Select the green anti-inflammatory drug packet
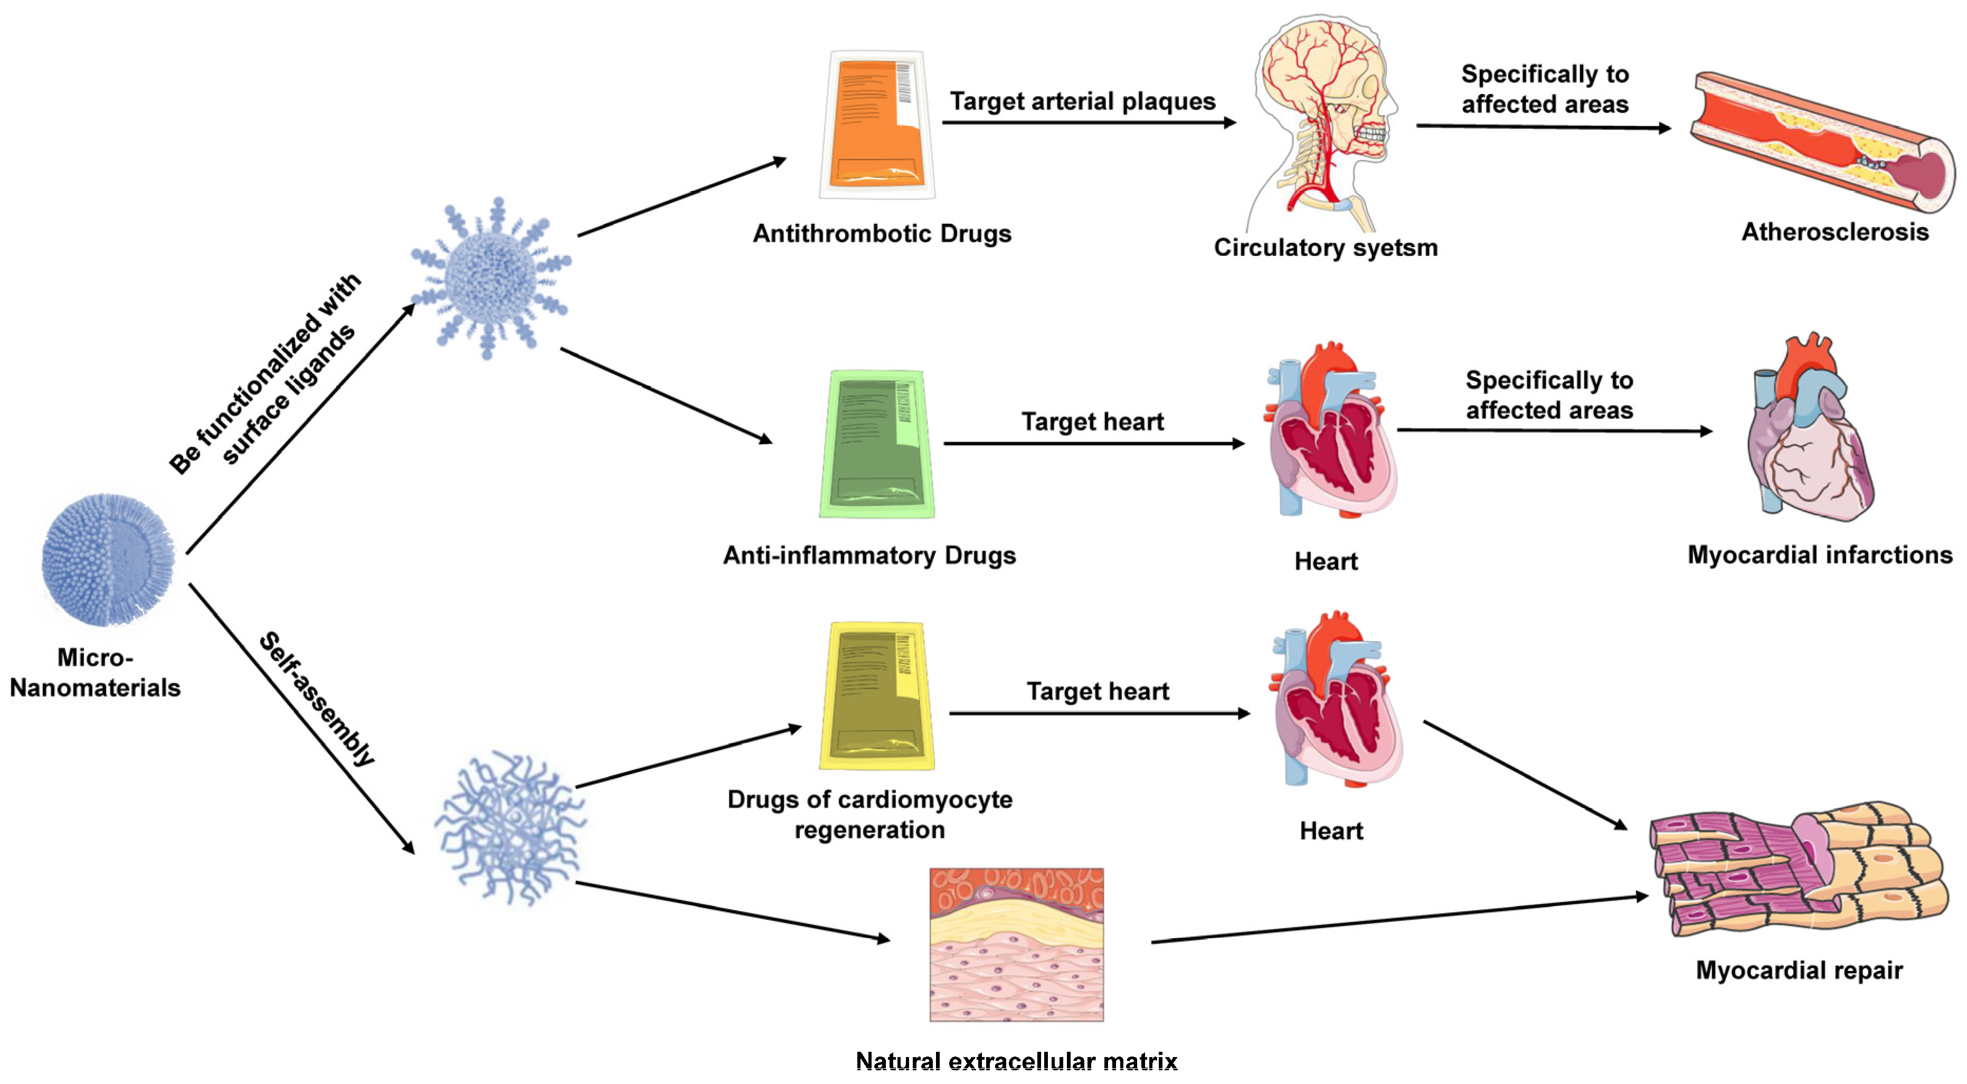click(x=876, y=444)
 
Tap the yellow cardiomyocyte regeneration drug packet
click(x=876, y=695)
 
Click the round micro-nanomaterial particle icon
click(x=108, y=559)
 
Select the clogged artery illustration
click(x=1821, y=144)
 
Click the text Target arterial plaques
click(x=1082, y=101)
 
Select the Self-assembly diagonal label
click(x=317, y=699)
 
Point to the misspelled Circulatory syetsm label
click(x=1326, y=248)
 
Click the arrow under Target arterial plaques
click(x=1088, y=122)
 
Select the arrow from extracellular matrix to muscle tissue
click(x=1397, y=919)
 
